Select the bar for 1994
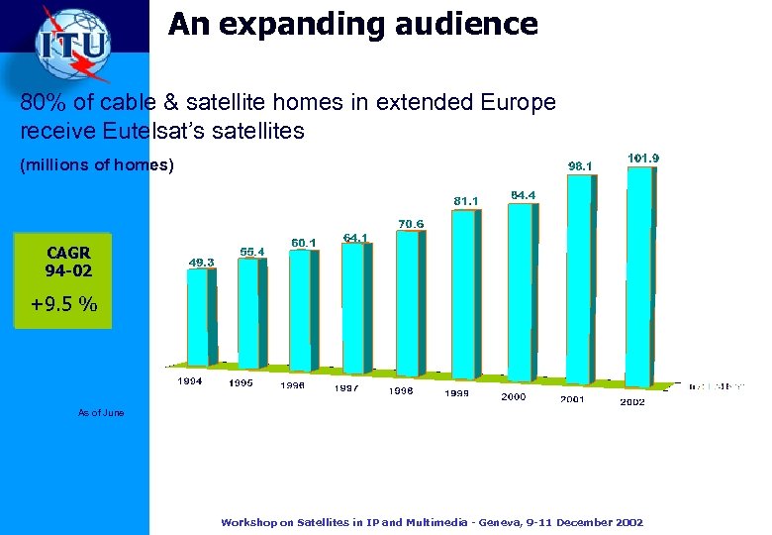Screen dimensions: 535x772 [x=200, y=317]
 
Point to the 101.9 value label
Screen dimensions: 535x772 [x=644, y=158]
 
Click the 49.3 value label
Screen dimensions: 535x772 [x=202, y=262]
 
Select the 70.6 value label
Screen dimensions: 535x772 [x=411, y=224]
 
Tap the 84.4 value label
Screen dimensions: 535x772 [x=522, y=194]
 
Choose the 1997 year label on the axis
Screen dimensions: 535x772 [x=346, y=387]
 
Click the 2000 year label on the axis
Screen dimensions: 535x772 [x=514, y=396]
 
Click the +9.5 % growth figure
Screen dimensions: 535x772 [x=63, y=304]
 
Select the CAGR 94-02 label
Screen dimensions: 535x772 [x=68, y=262]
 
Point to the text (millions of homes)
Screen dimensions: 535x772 [x=97, y=166]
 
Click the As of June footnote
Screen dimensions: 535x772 [x=101, y=412]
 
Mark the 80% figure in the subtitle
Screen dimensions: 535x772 [x=41, y=102]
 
